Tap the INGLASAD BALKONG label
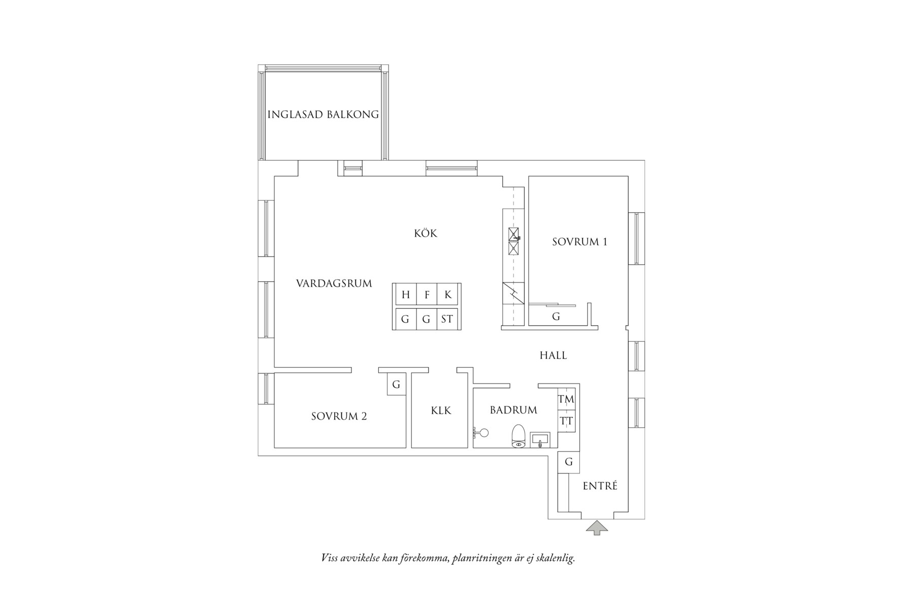[323, 114]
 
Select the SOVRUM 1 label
[579, 242]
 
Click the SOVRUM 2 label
[339, 417]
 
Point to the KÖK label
[426, 234]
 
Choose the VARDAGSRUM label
[334, 283]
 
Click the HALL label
[553, 356]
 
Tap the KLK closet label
[441, 410]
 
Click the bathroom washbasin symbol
[539, 439]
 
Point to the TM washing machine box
[566, 399]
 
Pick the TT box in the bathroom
[566, 421]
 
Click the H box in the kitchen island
[405, 295]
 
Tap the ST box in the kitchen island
[447, 319]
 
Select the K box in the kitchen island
[447, 295]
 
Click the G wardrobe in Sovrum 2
[396, 385]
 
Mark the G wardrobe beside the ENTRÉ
[569, 462]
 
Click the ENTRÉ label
[600, 486]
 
